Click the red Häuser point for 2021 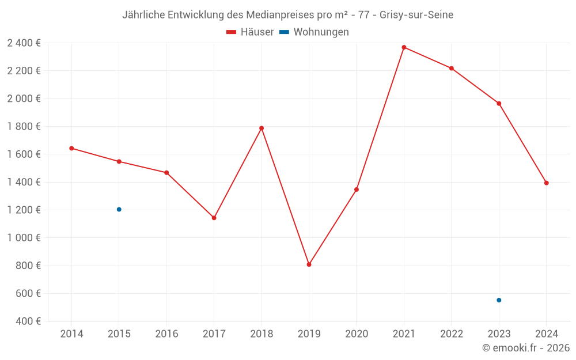point(404,47)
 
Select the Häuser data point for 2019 point(309,264)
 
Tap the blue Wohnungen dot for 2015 point(119,209)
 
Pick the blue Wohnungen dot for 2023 point(499,300)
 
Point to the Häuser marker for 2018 point(262,128)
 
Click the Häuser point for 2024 point(546,183)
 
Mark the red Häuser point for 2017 point(214,218)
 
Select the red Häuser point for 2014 point(71,148)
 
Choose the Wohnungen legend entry point(314,32)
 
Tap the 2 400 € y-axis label point(24,43)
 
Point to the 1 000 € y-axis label point(24,238)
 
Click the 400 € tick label point(28,321)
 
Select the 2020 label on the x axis point(357,334)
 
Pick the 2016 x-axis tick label point(166,334)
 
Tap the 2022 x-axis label point(452,334)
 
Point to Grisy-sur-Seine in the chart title point(416,15)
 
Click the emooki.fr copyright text point(526,348)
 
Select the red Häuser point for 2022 point(452,68)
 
